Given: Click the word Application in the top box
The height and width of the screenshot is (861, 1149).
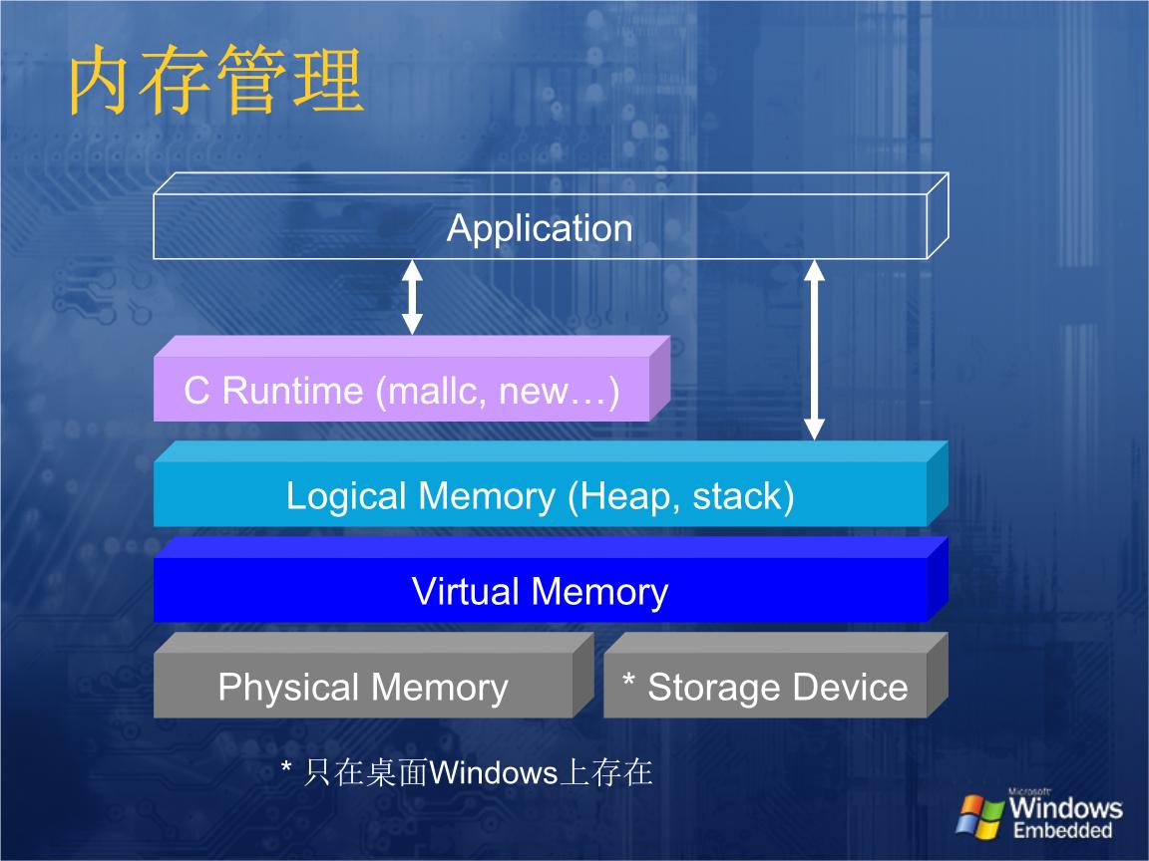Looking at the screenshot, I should point(540,228).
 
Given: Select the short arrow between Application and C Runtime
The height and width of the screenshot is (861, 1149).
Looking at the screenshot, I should point(412,297).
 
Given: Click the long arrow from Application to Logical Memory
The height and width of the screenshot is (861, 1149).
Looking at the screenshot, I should point(815,349).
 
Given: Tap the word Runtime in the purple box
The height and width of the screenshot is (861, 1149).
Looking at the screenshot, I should point(292,391).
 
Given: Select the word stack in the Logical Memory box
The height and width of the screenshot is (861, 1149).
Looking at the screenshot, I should point(739,495).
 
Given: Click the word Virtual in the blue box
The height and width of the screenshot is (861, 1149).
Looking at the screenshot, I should point(466,592).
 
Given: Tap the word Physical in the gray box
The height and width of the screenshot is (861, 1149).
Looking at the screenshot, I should point(288,688).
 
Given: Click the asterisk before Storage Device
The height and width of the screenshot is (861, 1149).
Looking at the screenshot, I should point(629,682).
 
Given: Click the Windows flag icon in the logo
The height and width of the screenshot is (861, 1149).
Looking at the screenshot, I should point(979,815).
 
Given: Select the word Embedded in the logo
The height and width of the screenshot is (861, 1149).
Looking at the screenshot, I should point(1062,831).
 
